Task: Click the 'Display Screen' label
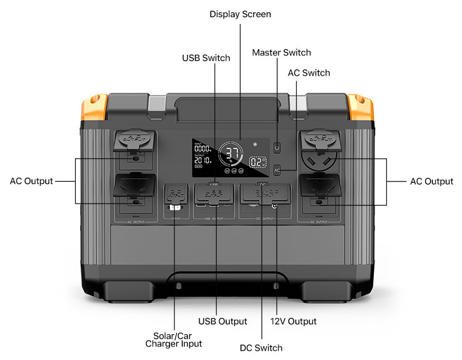point(240,14)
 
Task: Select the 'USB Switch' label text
point(206,58)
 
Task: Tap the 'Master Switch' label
point(282,52)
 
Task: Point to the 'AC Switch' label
point(309,73)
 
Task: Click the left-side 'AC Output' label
point(31,181)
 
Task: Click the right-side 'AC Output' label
point(431,181)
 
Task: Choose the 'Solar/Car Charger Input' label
point(173,339)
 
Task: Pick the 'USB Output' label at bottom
point(224,321)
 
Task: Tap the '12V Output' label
point(294,321)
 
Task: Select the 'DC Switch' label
point(262,348)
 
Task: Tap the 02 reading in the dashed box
point(256,162)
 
